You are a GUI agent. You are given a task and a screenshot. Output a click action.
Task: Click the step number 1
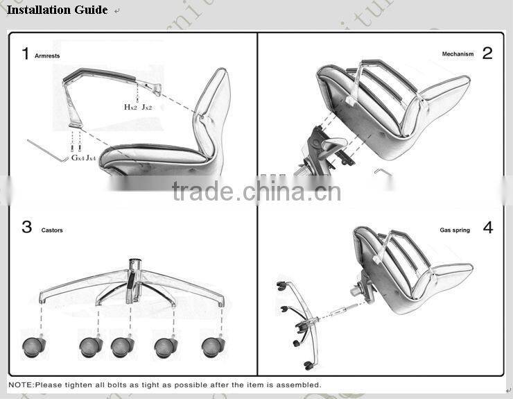pyautogui.click(x=26, y=53)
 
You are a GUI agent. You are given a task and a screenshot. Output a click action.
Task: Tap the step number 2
pyautogui.click(x=487, y=53)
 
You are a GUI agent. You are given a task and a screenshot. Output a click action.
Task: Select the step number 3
pyautogui.click(x=26, y=227)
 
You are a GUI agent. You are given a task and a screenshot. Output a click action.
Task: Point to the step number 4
pyautogui.click(x=487, y=227)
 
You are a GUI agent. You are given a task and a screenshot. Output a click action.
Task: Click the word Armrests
pyautogui.click(x=47, y=56)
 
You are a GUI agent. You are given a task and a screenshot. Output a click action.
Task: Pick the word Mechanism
pyautogui.click(x=458, y=54)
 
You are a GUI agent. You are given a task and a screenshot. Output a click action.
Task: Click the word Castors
pyautogui.click(x=52, y=230)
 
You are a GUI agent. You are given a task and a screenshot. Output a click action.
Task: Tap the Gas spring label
pyautogui.click(x=455, y=230)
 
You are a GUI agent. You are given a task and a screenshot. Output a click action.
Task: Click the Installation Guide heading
pyautogui.click(x=57, y=10)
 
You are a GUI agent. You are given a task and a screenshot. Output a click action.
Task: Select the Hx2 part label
pyautogui.click(x=130, y=107)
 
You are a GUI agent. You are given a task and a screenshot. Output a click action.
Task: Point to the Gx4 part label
pyautogui.click(x=78, y=158)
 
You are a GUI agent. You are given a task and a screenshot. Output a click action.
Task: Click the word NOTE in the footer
pyautogui.click(x=21, y=384)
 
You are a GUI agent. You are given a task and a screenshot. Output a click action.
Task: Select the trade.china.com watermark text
pyautogui.click(x=256, y=191)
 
